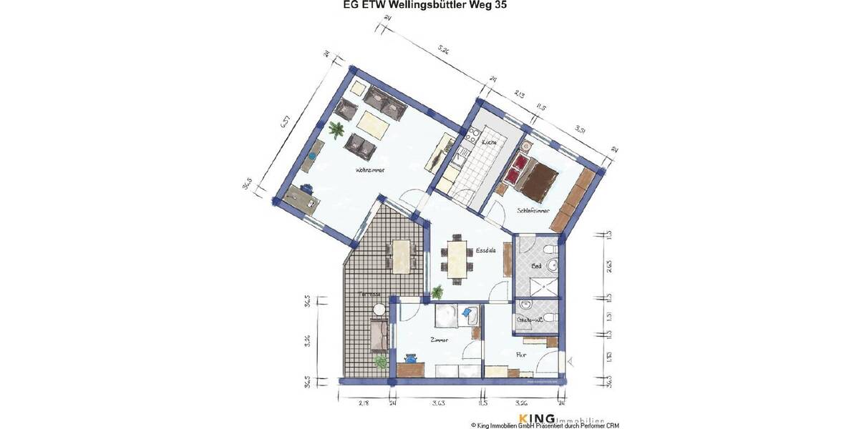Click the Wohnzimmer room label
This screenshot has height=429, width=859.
pyautogui.click(x=370, y=171)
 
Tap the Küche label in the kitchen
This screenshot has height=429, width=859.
pyautogui.click(x=489, y=143)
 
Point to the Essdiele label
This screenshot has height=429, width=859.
pyautogui.click(x=486, y=251)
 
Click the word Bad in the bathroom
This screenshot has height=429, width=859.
pyautogui.click(x=535, y=265)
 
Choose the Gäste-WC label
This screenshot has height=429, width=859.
pyautogui.click(x=530, y=320)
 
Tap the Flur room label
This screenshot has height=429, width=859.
pyautogui.click(x=522, y=353)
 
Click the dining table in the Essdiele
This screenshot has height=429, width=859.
pyautogui.click(x=457, y=258)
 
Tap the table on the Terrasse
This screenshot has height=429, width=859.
pyautogui.click(x=402, y=254)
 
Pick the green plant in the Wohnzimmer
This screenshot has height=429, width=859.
pyautogui.click(x=336, y=129)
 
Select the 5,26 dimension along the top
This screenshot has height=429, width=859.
pyautogui.click(x=443, y=50)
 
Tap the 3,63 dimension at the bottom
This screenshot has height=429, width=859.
pyautogui.click(x=439, y=405)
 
